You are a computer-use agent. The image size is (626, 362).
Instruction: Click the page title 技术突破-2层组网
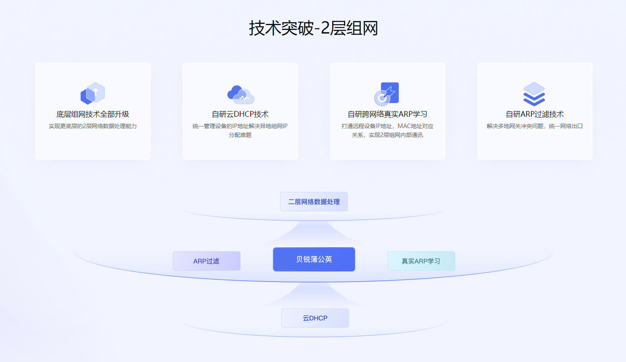313,28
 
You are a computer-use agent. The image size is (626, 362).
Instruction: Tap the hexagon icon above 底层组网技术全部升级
93,94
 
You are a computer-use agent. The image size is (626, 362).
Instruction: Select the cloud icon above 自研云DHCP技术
241,95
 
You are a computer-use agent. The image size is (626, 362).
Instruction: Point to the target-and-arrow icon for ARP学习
387,94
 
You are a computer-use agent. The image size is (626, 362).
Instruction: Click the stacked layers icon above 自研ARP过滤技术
534,94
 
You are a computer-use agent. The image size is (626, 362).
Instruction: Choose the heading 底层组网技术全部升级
93,114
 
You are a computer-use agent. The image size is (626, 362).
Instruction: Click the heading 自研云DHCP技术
240,114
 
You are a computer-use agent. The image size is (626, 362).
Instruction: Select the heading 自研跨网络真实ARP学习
387,114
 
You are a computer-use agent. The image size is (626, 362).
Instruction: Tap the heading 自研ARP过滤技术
535,114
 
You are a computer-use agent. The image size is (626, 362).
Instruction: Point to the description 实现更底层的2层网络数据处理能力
93,126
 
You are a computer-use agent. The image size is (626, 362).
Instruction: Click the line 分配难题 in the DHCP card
240,135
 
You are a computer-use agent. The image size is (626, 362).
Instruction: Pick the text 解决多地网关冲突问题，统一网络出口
535,126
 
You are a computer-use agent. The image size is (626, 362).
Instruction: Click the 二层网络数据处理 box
314,202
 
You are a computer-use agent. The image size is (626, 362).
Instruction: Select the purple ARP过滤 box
207,261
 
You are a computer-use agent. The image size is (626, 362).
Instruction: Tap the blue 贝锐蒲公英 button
314,259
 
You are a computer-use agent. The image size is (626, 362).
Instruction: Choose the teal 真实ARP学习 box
421,261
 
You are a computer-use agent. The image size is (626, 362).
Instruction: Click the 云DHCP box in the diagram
315,318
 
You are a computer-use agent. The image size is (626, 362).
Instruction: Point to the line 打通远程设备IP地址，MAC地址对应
387,126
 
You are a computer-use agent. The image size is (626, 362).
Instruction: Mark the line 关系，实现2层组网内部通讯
387,135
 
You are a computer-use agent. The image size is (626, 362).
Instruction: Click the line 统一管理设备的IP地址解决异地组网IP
240,126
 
